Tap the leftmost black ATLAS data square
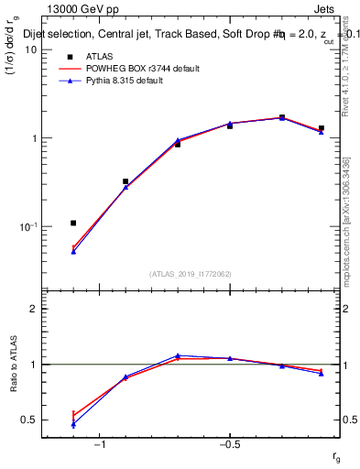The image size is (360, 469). click(x=73, y=223)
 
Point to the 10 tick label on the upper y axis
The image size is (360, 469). click(x=30, y=49)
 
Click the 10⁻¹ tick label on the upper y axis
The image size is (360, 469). click(x=27, y=226)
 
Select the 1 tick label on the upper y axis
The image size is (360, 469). click(x=33, y=138)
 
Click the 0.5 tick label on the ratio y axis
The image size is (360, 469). click(x=28, y=420)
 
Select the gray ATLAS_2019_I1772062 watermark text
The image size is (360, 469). click(x=191, y=274)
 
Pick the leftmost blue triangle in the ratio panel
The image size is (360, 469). click(x=73, y=424)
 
